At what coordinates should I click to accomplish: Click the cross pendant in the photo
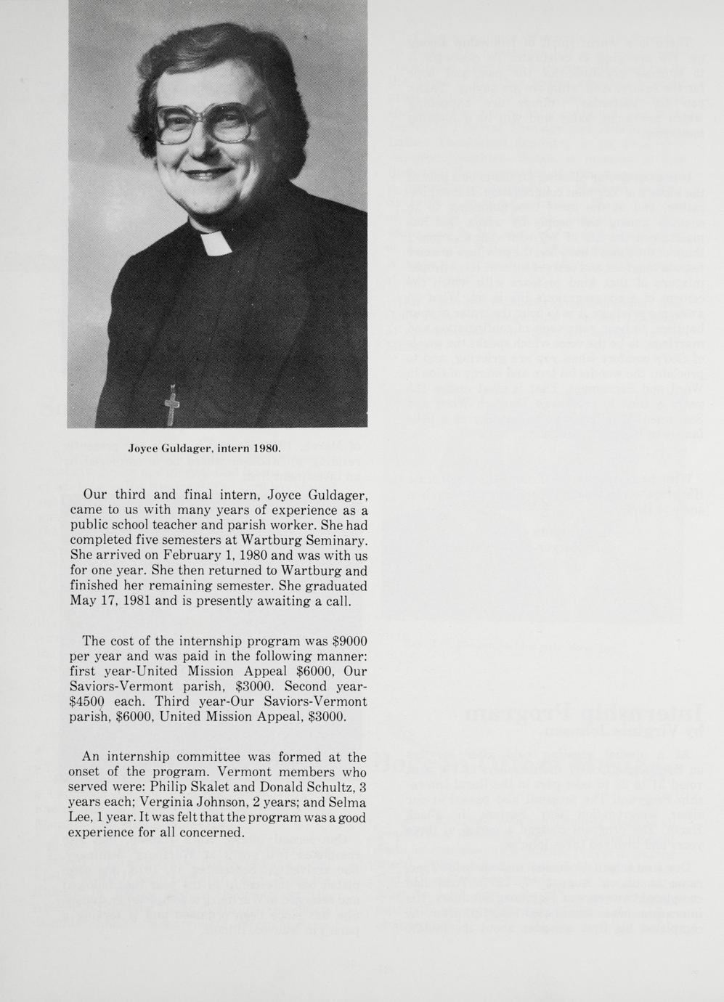tap(171, 405)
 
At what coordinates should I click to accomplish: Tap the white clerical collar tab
tap(216, 243)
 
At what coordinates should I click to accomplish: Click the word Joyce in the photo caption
tap(144, 449)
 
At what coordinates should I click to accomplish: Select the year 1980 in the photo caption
tap(267, 449)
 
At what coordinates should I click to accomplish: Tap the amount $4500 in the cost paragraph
tap(87, 701)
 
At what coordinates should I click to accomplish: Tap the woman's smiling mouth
tap(206, 174)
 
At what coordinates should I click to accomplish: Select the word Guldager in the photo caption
tap(189, 449)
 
